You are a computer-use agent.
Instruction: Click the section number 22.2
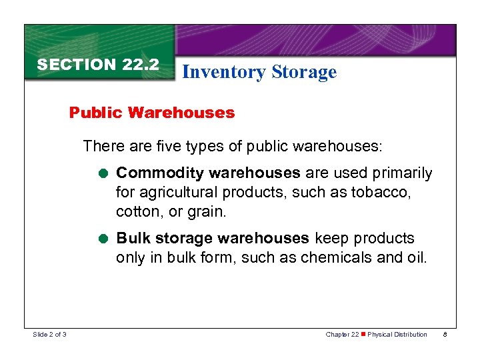[140, 65]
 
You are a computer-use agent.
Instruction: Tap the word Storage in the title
[304, 72]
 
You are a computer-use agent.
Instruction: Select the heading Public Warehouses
[152, 113]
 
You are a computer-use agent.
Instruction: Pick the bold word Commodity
[160, 173]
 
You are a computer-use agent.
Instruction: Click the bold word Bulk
[131, 238]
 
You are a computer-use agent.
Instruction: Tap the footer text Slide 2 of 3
[49, 334]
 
